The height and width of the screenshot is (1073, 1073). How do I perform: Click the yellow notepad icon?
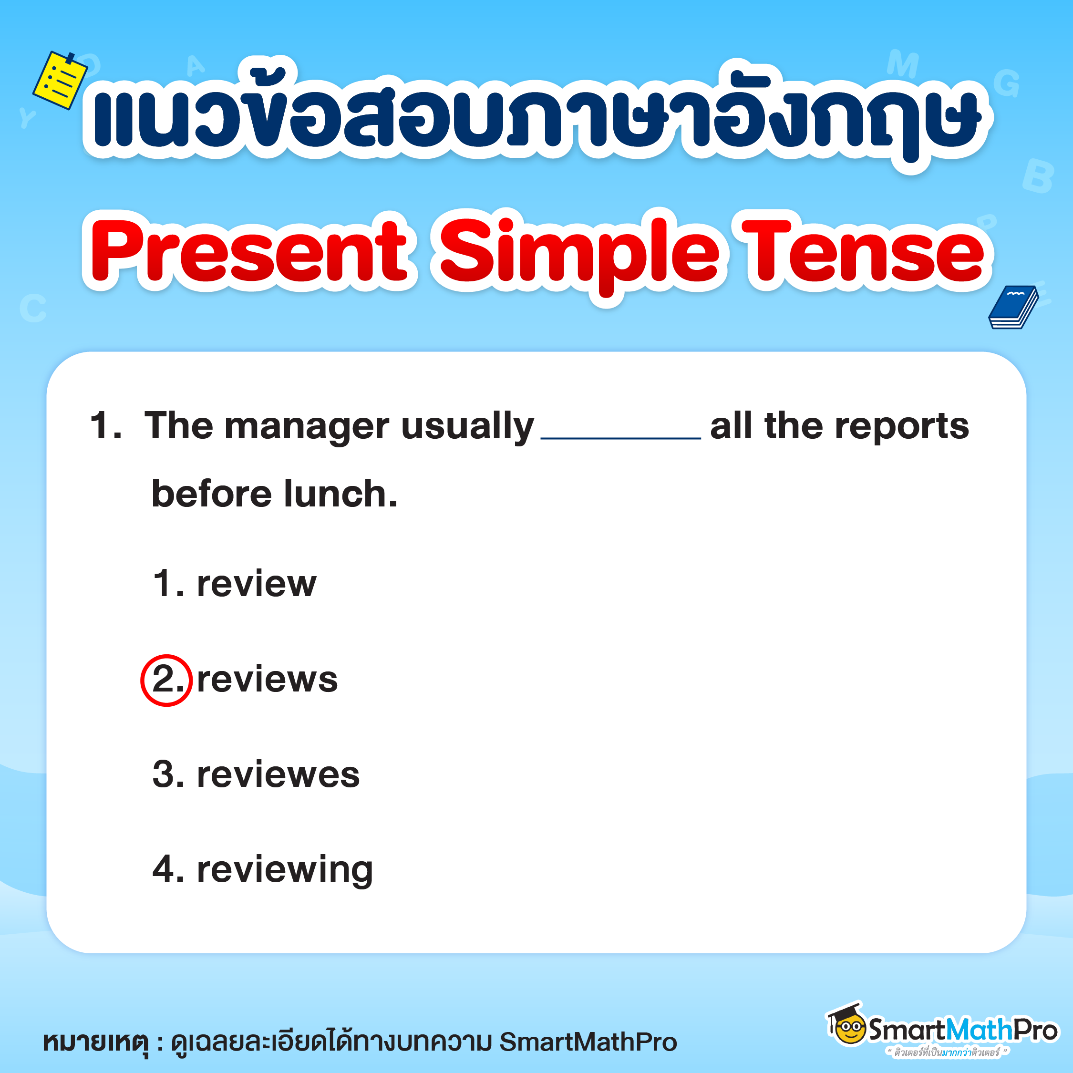[x=60, y=81]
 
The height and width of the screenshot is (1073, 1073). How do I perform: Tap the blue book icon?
[x=1012, y=307]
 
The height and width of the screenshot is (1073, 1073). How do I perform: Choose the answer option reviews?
[x=267, y=680]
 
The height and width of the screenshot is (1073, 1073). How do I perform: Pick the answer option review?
[x=257, y=584]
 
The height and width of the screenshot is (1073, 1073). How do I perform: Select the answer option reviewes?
[x=278, y=775]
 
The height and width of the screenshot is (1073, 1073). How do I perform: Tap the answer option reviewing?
[x=285, y=870]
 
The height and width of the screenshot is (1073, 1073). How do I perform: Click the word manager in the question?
[x=307, y=426]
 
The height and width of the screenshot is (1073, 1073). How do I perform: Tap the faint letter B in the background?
[x=1037, y=176]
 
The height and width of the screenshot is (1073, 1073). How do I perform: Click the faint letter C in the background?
[x=33, y=308]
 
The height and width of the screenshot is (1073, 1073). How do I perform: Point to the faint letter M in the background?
[x=902, y=64]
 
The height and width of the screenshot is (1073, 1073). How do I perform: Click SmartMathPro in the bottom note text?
[x=588, y=1042]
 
